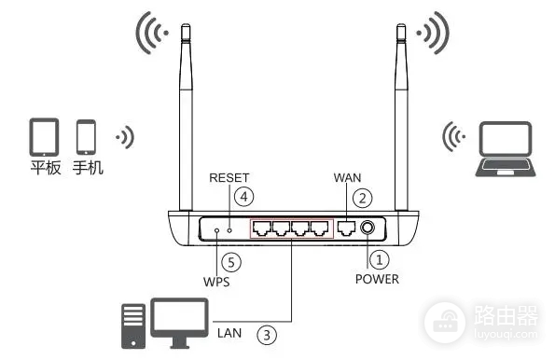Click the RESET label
[x=229, y=178]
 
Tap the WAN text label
[x=348, y=178]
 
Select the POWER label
[x=377, y=279]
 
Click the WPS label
[x=216, y=282]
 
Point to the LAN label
[x=229, y=333]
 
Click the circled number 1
[x=379, y=260]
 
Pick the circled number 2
[x=363, y=199]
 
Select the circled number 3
[x=267, y=335]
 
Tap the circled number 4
[x=243, y=197]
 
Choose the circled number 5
[x=231, y=263]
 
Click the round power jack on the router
[x=368, y=228]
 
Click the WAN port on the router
[x=346, y=228]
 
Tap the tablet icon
[x=44, y=137]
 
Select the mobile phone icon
[x=86, y=137]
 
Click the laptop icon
[x=505, y=149]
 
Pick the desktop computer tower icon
[x=133, y=326]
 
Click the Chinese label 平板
[x=46, y=168]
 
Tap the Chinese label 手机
[x=88, y=168]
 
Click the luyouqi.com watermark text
[x=506, y=334]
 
